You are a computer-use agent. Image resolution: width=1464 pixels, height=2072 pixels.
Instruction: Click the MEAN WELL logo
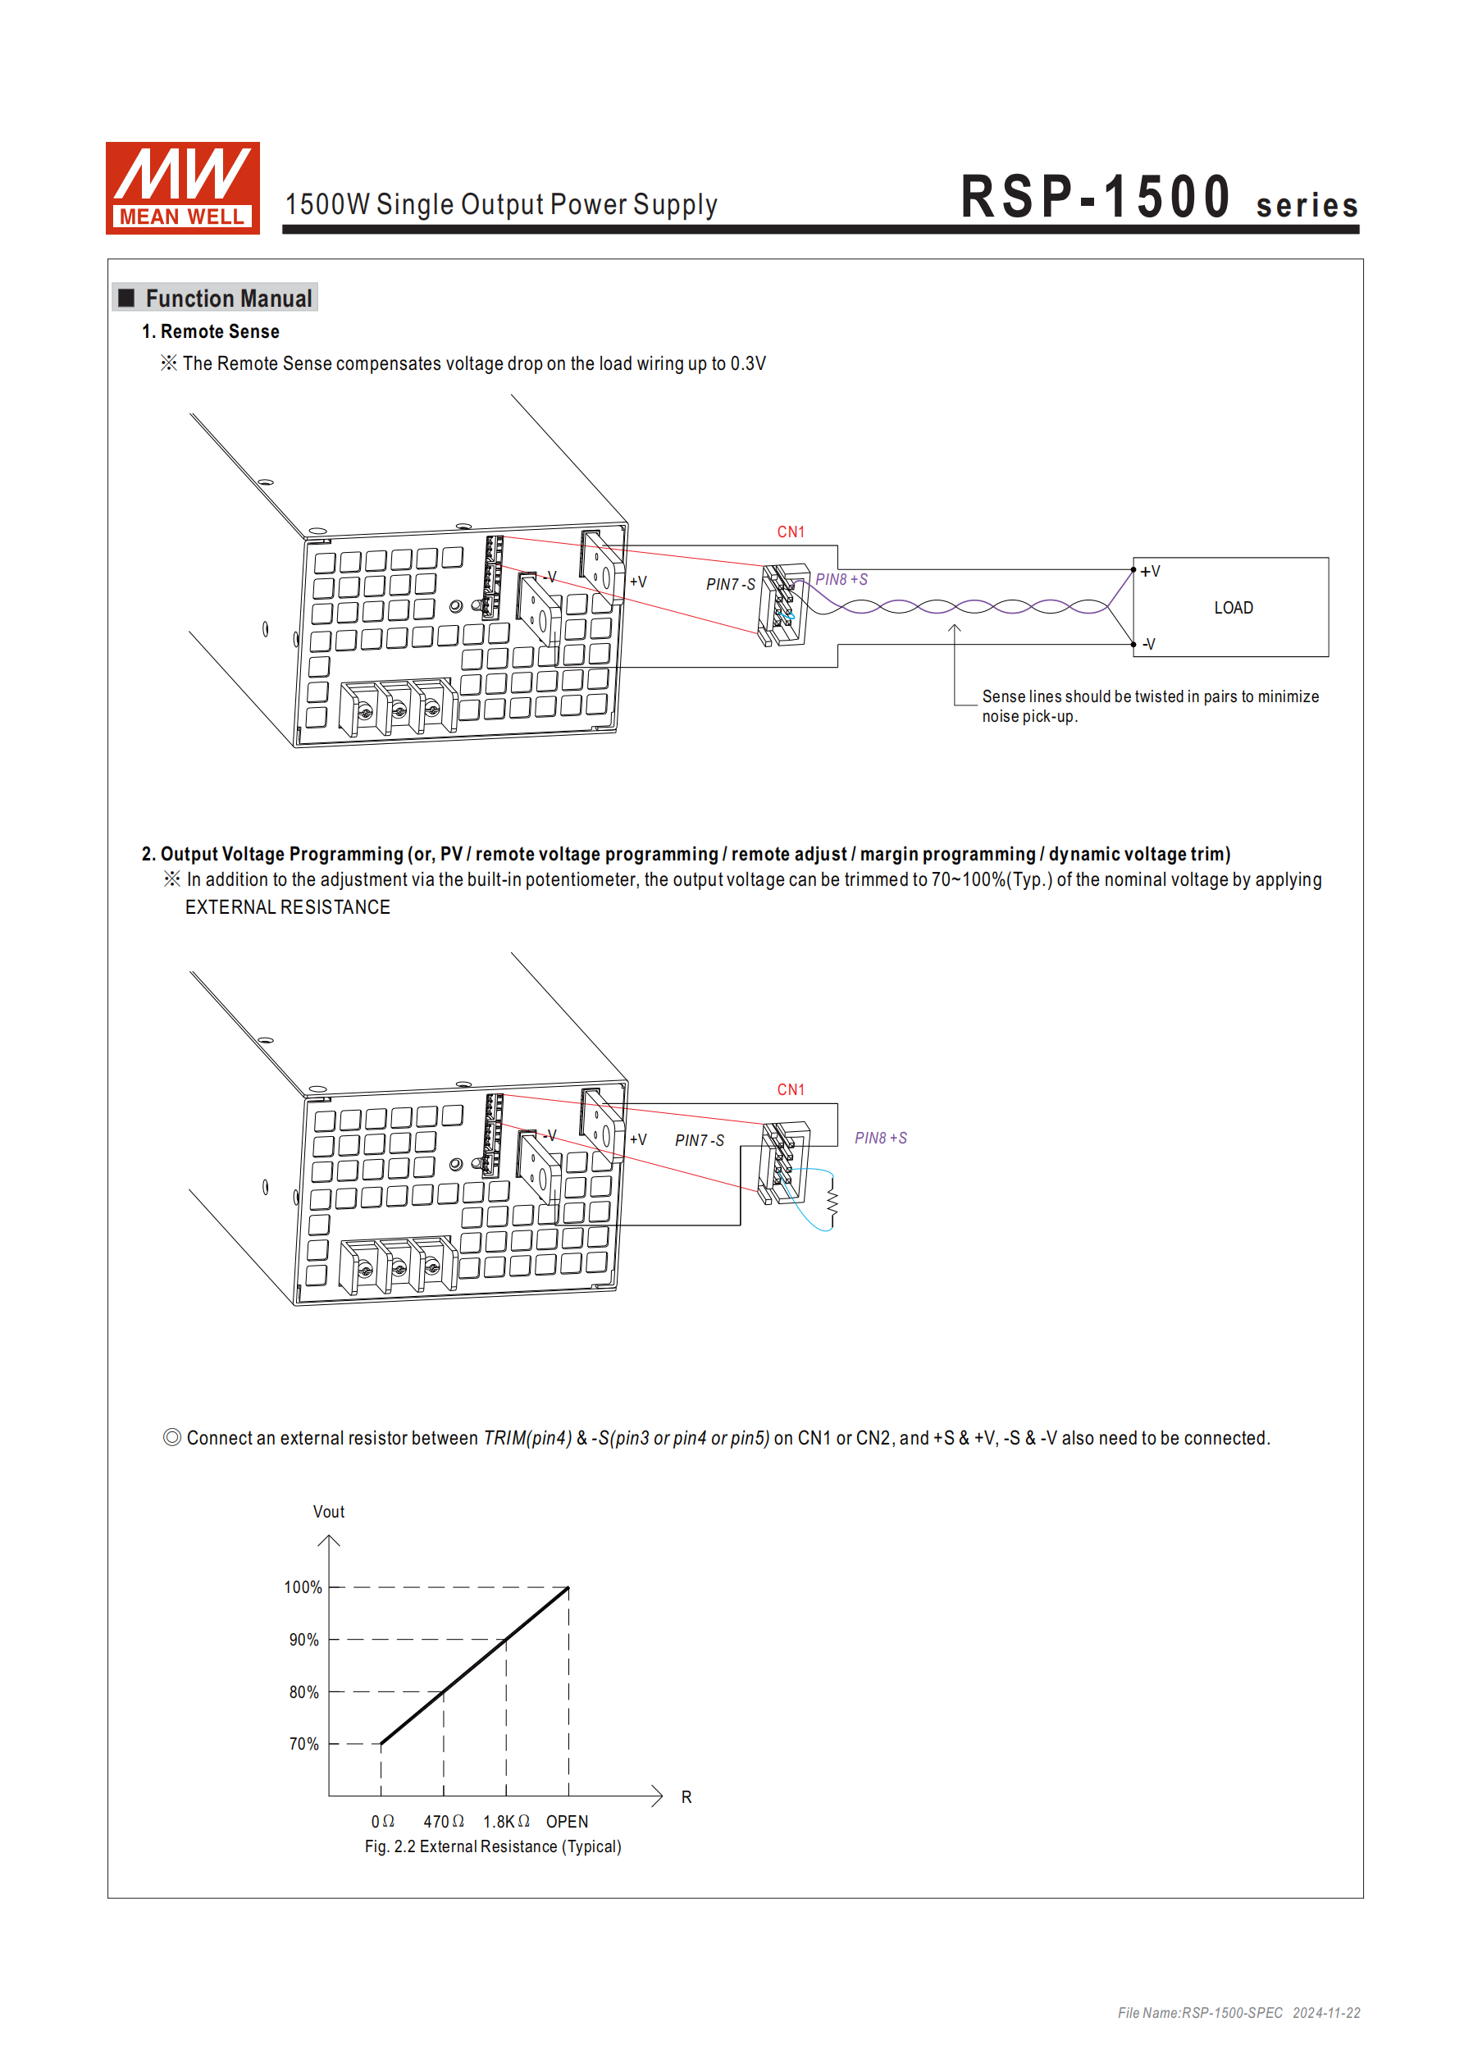point(182,188)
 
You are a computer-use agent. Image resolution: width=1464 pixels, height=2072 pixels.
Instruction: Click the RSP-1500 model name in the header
point(1095,197)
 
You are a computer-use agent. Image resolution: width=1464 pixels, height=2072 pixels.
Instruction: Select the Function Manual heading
point(227,299)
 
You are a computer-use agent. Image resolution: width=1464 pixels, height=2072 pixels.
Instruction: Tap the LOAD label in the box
point(1233,609)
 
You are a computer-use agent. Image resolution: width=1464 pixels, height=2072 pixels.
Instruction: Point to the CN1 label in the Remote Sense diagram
point(791,532)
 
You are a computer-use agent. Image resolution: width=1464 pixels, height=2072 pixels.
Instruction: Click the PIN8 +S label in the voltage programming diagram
point(880,1139)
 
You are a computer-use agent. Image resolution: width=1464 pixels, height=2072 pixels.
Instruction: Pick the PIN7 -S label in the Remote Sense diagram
point(730,585)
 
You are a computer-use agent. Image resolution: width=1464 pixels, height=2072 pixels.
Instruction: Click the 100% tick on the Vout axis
point(303,1587)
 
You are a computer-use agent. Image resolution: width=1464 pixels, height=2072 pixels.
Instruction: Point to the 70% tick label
point(304,1745)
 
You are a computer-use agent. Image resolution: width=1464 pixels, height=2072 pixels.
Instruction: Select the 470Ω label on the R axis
point(443,1822)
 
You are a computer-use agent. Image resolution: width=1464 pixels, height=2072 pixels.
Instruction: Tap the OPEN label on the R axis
point(567,1822)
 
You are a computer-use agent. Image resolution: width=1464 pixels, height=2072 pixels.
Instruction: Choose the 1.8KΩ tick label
point(506,1822)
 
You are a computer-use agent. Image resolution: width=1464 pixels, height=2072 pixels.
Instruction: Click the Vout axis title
point(329,1513)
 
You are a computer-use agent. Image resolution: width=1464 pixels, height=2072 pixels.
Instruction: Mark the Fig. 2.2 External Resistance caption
point(493,1847)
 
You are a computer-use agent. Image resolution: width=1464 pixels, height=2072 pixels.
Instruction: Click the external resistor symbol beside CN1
point(832,1201)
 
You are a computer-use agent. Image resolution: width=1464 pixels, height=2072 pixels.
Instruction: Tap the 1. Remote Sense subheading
point(210,332)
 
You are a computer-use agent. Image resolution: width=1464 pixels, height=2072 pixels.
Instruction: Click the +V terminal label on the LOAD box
point(1150,573)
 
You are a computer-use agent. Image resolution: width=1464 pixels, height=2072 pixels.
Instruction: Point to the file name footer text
point(1238,2013)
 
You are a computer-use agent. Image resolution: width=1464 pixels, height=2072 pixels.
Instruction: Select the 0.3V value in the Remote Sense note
point(747,363)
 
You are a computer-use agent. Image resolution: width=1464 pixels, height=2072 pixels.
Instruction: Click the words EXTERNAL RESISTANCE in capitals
point(288,908)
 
